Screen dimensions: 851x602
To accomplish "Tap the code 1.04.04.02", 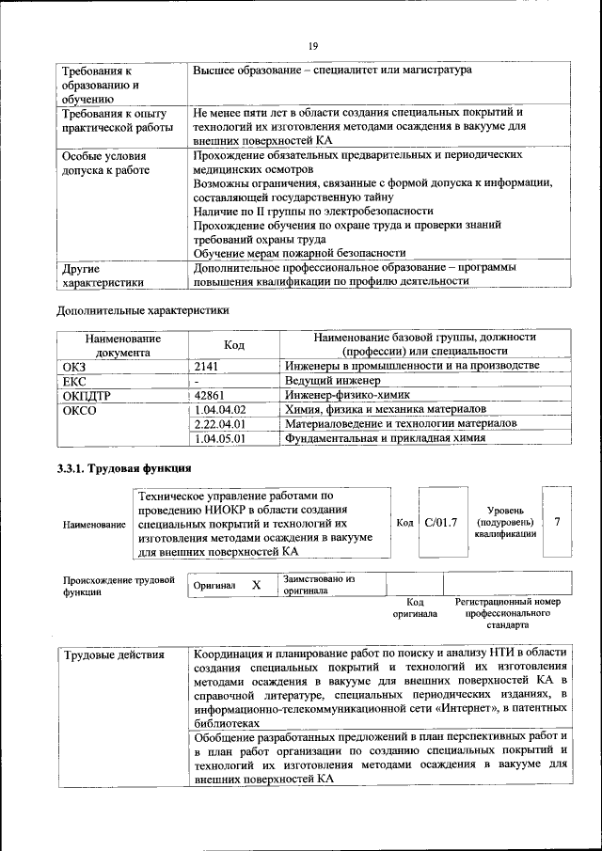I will point(219,410).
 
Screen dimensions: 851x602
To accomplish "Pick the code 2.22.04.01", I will point(219,424).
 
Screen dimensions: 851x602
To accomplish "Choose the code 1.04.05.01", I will point(219,438).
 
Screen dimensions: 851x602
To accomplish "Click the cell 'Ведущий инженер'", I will point(331,380).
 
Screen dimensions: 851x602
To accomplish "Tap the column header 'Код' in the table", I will point(234,345).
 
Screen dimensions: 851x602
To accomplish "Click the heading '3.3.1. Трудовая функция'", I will point(124,468).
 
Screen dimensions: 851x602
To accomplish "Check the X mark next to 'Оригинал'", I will point(256,585).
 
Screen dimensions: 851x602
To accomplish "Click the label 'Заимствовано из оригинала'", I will point(318,585).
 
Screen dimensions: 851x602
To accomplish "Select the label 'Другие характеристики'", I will point(103,275).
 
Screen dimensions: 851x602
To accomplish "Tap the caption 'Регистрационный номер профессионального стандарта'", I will point(508,612).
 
